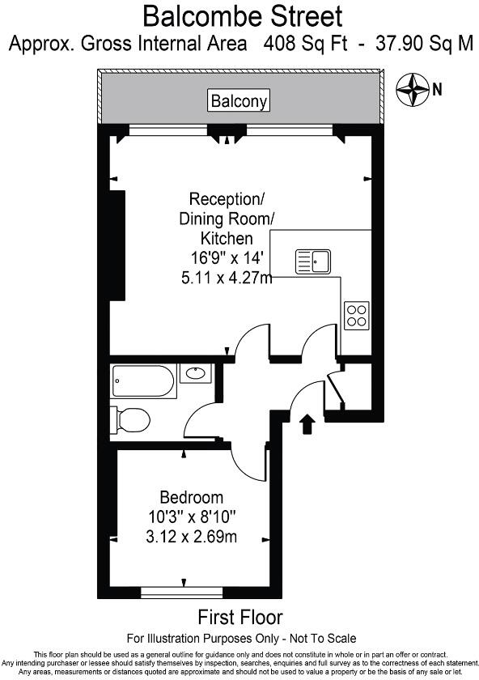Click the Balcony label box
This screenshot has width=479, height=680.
click(x=239, y=101)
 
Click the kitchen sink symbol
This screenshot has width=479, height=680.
click(x=312, y=261)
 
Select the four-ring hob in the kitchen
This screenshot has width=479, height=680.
click(x=357, y=314)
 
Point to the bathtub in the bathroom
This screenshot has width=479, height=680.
click(x=143, y=377)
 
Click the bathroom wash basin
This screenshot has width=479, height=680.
click(x=195, y=373)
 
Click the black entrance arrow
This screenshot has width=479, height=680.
click(x=307, y=424)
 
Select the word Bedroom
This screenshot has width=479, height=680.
click(x=191, y=497)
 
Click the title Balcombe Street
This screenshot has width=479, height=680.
click(x=242, y=15)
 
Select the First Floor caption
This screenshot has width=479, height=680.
click(x=240, y=618)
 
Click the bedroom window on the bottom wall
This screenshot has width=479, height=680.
click(x=184, y=593)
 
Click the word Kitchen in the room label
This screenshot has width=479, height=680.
click(x=226, y=239)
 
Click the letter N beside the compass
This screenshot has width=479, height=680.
click(x=437, y=89)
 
